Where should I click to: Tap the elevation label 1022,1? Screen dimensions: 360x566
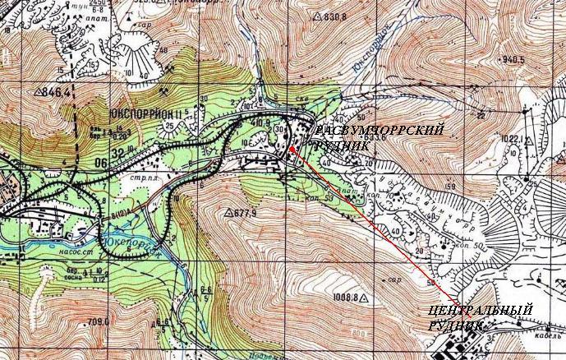511,139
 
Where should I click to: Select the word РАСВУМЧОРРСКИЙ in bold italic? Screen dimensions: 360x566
380,132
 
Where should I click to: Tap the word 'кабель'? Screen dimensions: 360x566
543,336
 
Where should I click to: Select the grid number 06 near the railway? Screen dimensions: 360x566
101,163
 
